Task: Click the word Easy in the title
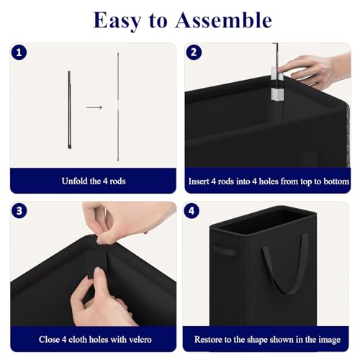pyautogui.click(x=117, y=21)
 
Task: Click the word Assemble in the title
pyautogui.click(x=224, y=20)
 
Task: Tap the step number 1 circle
pyautogui.click(x=19, y=53)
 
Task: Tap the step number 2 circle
pyautogui.click(x=194, y=52)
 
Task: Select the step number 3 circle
pyautogui.click(x=19, y=211)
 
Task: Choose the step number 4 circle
pyautogui.click(x=192, y=211)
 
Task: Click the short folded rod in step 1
pyautogui.click(x=69, y=110)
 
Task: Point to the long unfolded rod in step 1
pyautogui.click(x=118, y=107)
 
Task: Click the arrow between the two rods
pyautogui.click(x=94, y=107)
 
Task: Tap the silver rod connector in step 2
pyautogui.click(x=277, y=84)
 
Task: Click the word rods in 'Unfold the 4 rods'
pyautogui.click(x=117, y=181)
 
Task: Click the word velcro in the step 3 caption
pyautogui.click(x=140, y=339)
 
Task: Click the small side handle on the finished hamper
pyautogui.click(x=225, y=251)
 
